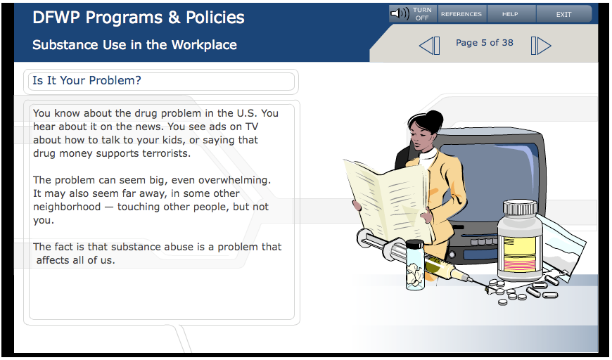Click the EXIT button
[563, 15]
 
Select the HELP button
[510, 15]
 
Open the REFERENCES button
[461, 15]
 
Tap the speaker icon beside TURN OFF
[400, 13]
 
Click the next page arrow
[541, 46]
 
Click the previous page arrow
[429, 46]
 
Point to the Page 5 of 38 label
[485, 43]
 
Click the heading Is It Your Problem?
[87, 80]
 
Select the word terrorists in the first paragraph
[166, 153]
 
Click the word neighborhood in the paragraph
[67, 207]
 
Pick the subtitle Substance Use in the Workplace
[134, 45]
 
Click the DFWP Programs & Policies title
[139, 18]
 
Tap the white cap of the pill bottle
[520, 208]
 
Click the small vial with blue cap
[415, 264]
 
